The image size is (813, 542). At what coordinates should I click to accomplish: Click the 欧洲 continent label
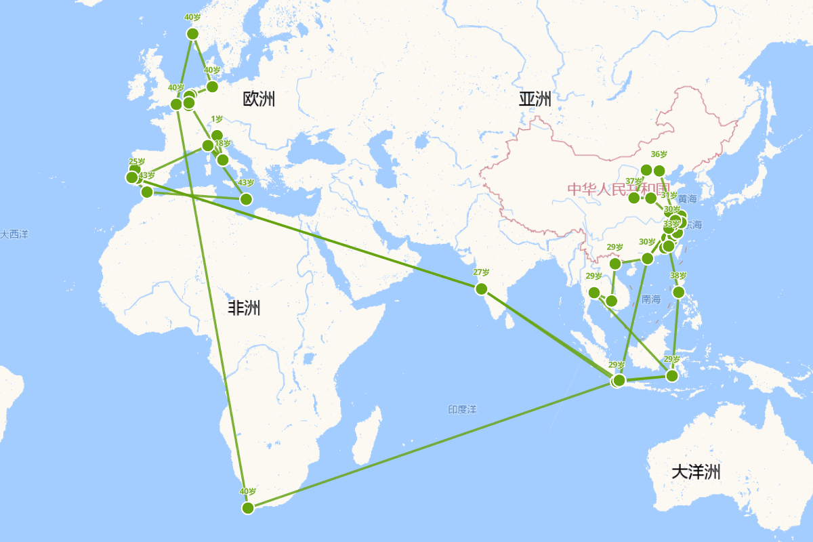(x=259, y=99)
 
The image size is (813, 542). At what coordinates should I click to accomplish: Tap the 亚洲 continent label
(x=535, y=99)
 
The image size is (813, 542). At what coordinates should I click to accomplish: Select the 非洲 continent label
(x=243, y=308)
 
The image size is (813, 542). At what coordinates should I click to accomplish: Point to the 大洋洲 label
(x=696, y=472)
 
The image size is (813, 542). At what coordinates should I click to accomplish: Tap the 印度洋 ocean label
(x=462, y=410)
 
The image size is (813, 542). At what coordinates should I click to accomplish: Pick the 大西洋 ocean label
(x=14, y=234)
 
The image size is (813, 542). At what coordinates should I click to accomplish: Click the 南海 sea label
(x=650, y=299)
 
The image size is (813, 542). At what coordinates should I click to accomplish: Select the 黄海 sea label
(x=687, y=199)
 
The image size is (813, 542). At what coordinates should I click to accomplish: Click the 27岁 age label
(x=481, y=272)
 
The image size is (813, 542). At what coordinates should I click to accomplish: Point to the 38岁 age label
(x=678, y=276)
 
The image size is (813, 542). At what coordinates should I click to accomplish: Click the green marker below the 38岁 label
(x=679, y=292)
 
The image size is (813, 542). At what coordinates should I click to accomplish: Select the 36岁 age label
(x=659, y=154)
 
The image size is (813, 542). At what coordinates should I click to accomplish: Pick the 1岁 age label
(x=217, y=119)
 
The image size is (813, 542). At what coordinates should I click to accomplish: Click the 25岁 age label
(x=137, y=161)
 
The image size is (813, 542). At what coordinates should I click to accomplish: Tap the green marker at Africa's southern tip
(x=248, y=507)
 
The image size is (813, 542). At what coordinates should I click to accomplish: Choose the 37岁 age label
(x=634, y=181)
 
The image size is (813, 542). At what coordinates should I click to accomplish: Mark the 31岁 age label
(x=669, y=196)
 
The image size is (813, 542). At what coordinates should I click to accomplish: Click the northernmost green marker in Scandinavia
(x=192, y=34)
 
